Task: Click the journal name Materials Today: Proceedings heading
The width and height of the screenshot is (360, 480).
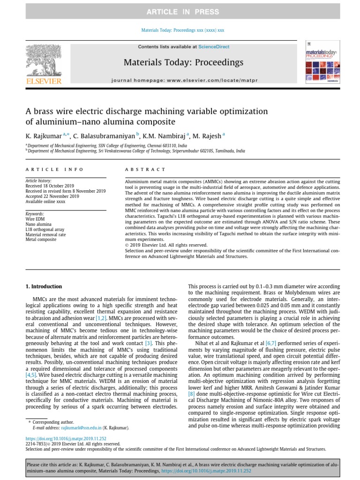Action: [183, 62]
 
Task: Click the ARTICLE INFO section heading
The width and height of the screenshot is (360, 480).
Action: [54, 169]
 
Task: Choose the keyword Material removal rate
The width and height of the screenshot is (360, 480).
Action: [45, 234]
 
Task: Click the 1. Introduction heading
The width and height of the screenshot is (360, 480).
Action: [43, 286]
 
